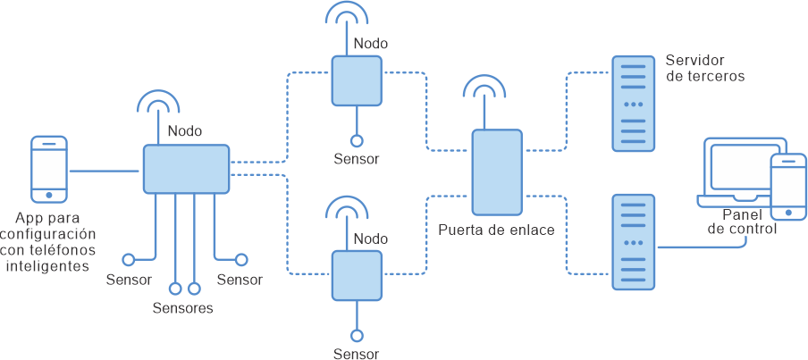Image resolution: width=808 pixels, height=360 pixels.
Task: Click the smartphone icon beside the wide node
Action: click(x=49, y=169)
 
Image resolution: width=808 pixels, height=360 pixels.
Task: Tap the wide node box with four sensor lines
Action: click(x=186, y=169)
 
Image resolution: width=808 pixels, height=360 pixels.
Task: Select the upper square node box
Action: click(x=357, y=80)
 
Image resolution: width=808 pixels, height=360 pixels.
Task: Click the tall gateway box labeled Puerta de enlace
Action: click(x=497, y=172)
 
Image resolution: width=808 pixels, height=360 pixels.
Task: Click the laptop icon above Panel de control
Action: click(x=736, y=170)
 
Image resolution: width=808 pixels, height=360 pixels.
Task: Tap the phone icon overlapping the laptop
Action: click(x=788, y=187)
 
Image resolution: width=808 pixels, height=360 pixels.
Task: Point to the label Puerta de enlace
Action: click(x=496, y=230)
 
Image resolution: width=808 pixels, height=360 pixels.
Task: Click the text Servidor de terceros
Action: click(x=704, y=68)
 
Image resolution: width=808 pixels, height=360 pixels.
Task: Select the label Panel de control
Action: click(x=741, y=222)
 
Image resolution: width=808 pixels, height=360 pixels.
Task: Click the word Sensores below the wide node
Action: click(x=182, y=309)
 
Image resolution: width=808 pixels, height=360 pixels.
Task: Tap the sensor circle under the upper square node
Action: click(x=357, y=141)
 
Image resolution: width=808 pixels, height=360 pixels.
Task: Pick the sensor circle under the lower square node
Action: click(x=357, y=336)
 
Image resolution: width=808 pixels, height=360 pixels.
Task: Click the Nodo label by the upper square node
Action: click(x=371, y=43)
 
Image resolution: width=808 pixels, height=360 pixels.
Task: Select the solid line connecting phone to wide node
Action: click(x=105, y=170)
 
